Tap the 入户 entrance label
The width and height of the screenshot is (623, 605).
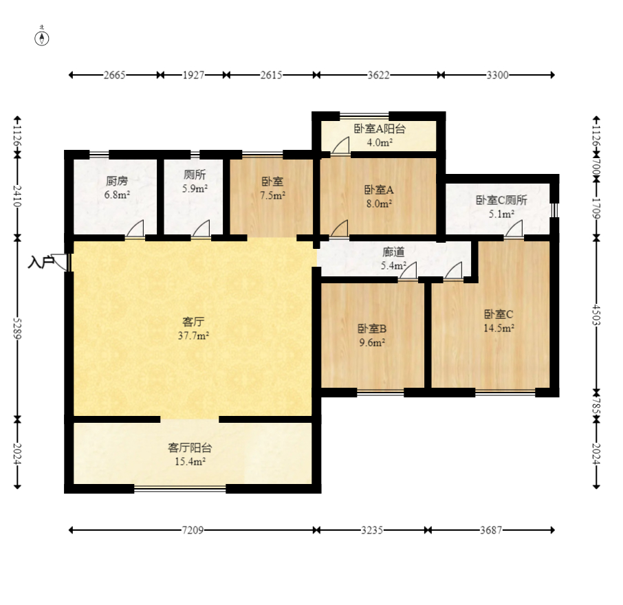(x=40, y=262)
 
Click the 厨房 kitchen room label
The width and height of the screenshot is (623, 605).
(x=116, y=181)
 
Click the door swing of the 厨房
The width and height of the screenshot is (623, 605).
(x=136, y=230)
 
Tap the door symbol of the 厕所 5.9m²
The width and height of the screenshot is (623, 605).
(x=201, y=230)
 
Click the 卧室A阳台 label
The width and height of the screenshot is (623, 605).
(x=380, y=129)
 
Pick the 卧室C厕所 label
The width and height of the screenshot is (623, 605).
(x=501, y=200)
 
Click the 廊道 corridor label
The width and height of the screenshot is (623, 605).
(x=394, y=252)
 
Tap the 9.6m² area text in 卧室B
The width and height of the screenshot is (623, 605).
(x=371, y=342)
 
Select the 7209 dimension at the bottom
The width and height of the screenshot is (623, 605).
(x=193, y=530)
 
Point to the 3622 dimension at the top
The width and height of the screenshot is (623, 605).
(x=378, y=75)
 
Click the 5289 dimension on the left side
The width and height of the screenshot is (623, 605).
(x=17, y=327)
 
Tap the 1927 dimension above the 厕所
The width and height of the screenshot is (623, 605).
(x=193, y=75)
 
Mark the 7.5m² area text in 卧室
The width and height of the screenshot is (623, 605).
(x=273, y=195)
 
